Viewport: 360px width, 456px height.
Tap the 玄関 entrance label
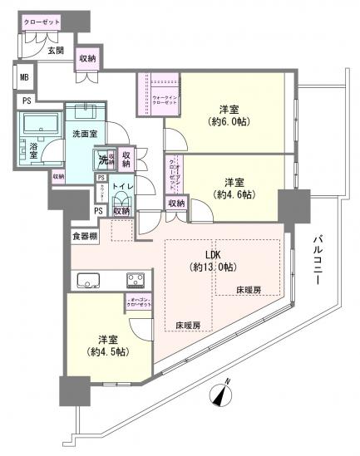tap(56, 51)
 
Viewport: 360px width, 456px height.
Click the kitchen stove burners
tap(136, 278)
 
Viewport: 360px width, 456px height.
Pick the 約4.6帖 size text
tap(235, 194)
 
